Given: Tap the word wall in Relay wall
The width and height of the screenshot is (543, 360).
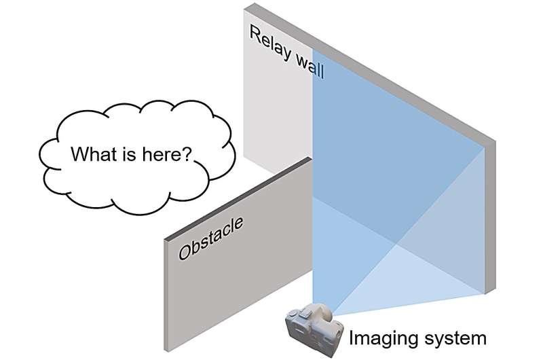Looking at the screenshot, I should pos(305,65).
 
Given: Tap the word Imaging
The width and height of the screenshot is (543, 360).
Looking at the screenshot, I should pos(371,336).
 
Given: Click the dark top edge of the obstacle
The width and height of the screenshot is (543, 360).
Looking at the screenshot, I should pos(238,198).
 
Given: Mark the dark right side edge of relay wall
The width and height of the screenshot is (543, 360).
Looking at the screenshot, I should pos(491,217).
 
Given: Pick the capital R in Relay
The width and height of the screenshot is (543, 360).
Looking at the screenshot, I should pos(255,34).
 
